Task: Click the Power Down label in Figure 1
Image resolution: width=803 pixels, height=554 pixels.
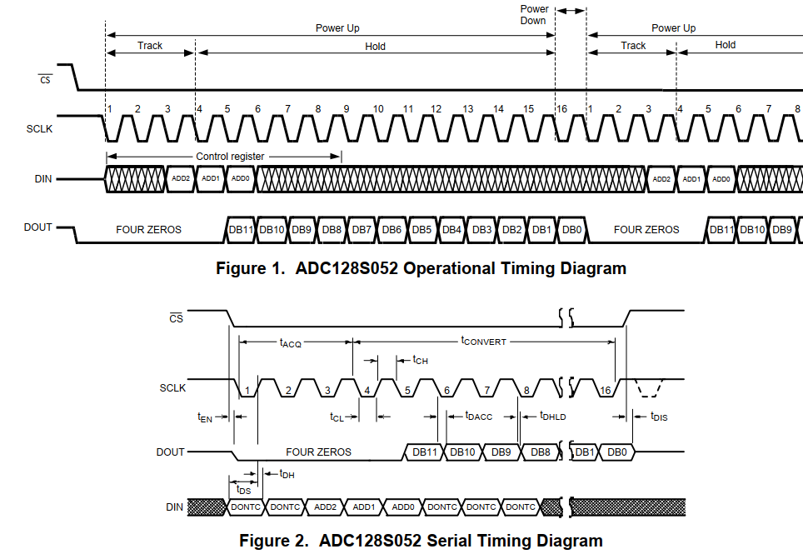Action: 534,15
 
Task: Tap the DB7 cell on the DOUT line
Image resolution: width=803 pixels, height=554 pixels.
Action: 362,229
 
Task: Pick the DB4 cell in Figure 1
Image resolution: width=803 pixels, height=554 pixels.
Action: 451,229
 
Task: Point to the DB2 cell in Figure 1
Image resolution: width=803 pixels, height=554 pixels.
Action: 511,229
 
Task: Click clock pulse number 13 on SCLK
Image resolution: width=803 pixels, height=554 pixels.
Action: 468,109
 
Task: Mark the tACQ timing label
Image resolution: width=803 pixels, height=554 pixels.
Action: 291,342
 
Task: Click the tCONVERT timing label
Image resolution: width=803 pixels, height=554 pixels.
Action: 484,342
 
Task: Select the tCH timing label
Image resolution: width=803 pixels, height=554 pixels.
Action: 421,360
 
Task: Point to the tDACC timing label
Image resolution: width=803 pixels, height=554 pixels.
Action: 479,415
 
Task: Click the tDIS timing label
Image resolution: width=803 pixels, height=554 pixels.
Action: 659,416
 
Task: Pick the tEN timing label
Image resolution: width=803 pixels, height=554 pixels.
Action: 205,417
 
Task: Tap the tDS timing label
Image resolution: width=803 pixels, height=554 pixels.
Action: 242,491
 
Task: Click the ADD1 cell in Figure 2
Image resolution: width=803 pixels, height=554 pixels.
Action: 364,507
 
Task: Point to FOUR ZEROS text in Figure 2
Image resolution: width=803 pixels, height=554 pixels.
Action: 319,452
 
